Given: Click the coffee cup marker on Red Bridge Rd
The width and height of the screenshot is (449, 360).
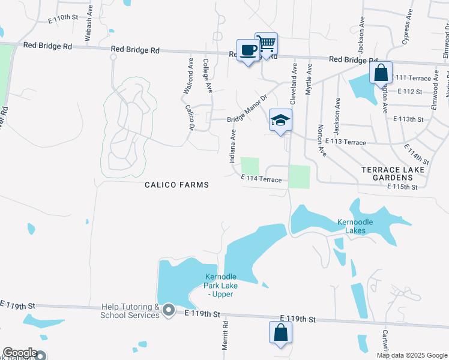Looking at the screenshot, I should coord(248,50).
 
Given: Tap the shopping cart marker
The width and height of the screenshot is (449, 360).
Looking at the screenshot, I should coord(266,43).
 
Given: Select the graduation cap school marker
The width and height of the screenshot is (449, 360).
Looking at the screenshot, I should coord(280,120).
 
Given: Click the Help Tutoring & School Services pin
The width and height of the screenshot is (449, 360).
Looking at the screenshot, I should coord(169,310).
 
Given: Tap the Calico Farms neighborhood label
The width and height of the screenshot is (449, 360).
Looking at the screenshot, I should coord(177,185).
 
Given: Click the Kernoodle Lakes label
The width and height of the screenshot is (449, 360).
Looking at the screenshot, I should coord(355,226).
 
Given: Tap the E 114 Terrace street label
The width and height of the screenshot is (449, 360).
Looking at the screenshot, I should coord(261,178).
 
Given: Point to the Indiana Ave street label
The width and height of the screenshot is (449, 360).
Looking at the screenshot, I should coord(232,148).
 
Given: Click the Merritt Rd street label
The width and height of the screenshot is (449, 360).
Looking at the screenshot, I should coord(226,335).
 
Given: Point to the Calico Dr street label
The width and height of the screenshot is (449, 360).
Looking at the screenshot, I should coord(190,118).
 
